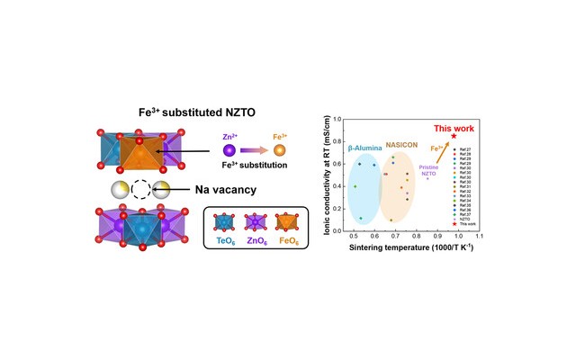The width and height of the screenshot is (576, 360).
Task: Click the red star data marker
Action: (x=454, y=137)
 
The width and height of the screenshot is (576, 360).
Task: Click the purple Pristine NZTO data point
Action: (x=427, y=178)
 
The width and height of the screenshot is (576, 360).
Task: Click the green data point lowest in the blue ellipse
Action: (x=360, y=218)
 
